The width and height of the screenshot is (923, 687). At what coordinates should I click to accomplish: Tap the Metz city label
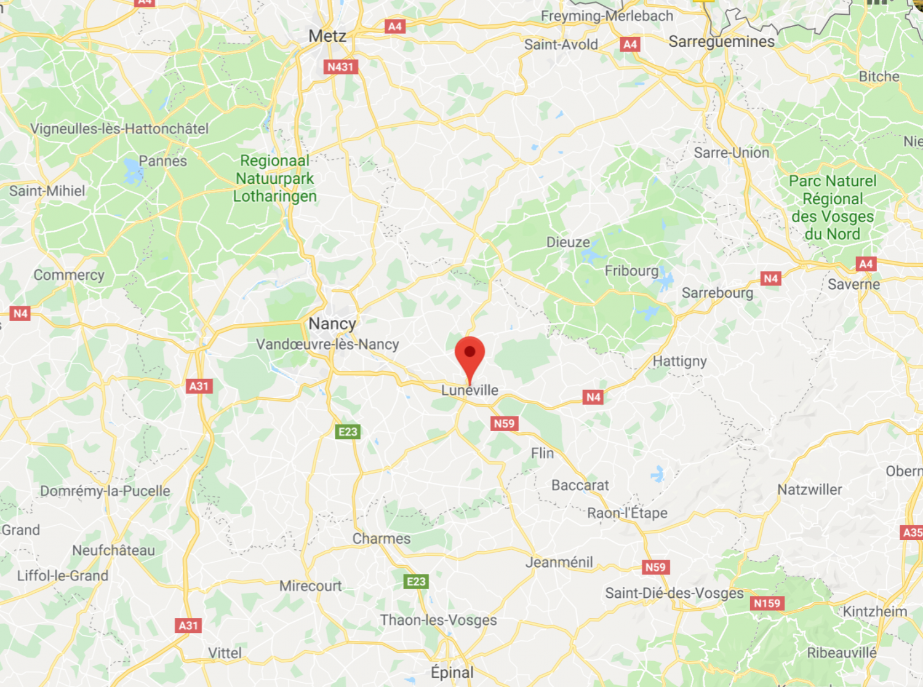[327, 36]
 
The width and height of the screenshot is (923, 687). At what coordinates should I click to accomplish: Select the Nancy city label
[332, 324]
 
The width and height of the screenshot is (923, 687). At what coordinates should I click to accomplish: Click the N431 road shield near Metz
[341, 67]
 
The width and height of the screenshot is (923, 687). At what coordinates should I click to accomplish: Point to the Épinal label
[452, 672]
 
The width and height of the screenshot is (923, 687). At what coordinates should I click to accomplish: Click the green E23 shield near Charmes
[416, 582]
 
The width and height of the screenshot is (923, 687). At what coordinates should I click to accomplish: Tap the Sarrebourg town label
[717, 293]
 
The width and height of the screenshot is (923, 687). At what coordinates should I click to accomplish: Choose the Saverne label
[853, 284]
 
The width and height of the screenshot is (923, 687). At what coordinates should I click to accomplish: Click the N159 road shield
[767, 603]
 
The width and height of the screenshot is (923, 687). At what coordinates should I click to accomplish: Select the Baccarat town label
[580, 485]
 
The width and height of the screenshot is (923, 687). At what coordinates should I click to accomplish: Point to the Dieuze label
[568, 242]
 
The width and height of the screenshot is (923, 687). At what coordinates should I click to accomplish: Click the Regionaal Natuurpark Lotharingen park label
[275, 178]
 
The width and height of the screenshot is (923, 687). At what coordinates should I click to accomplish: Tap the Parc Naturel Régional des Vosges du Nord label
[833, 207]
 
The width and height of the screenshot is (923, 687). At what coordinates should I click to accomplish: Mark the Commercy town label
[69, 275]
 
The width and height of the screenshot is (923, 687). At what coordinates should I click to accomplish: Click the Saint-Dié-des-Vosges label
[674, 593]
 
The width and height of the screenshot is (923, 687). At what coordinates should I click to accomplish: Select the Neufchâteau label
[114, 550]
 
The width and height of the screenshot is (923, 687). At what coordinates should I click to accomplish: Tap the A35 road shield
[912, 533]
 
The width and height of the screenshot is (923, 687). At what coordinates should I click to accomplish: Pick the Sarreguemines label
[722, 42]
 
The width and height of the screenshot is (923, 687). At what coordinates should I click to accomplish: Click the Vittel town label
[225, 653]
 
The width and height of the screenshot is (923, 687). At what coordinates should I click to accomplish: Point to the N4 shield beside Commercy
[20, 314]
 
